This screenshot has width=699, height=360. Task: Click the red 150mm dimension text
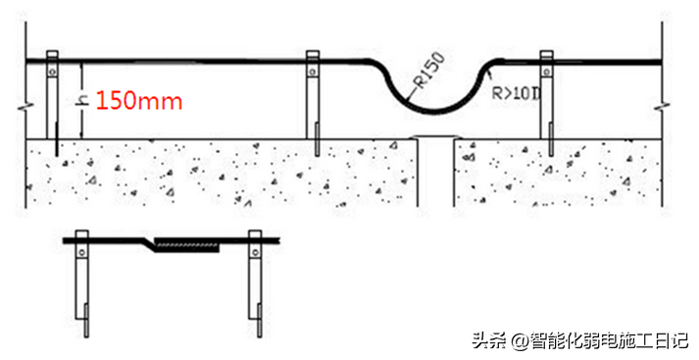[138, 101]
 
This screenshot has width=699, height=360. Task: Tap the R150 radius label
[429, 69]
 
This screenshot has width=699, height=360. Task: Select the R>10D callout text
[516, 93]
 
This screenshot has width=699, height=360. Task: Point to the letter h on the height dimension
[82, 100]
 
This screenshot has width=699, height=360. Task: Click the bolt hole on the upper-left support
[52, 71]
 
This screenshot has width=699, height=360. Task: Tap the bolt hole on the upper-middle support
[313, 71]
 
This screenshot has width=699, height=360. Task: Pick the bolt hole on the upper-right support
[546, 71]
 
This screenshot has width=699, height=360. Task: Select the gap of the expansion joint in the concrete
[436, 172]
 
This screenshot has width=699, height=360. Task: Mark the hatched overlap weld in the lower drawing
[186, 244]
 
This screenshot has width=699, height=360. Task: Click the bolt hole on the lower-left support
[81, 252]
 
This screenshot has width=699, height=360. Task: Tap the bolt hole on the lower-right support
[255, 252]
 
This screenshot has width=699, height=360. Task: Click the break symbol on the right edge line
[663, 108]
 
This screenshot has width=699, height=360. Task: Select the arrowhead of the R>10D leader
[488, 74]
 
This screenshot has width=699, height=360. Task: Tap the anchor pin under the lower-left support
[86, 320]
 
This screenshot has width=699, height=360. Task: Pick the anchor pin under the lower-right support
[260, 320]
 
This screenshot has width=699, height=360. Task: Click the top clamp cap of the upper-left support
[52, 54]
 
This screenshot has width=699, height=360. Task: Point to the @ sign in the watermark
[520, 341]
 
